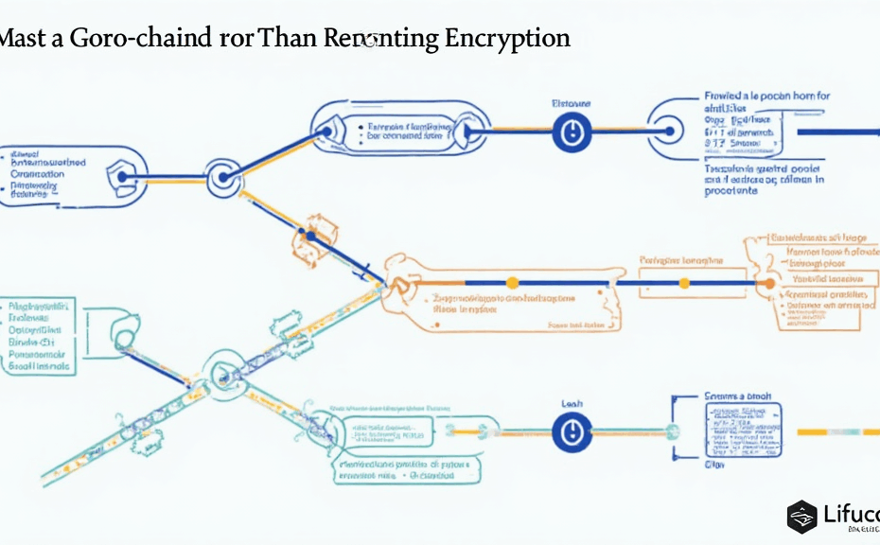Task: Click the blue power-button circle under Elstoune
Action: pos(571,132)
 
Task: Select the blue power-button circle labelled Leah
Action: pos(571,432)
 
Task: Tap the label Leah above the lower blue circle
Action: pos(571,402)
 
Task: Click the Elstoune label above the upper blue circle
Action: pos(571,102)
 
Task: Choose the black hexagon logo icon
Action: pos(802,516)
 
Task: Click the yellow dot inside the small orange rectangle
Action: pos(682,282)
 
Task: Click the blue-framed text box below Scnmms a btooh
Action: pos(744,430)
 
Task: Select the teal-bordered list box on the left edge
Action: pos(38,336)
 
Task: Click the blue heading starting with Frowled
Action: pos(767,96)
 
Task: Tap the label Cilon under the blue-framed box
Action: pos(714,465)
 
